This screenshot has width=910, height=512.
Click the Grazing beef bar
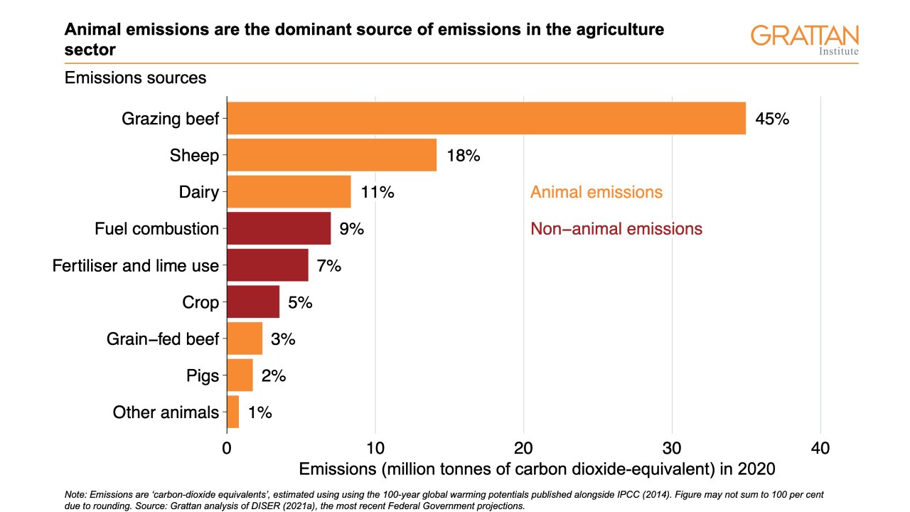point(486,118)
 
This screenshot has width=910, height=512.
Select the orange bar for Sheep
point(331,155)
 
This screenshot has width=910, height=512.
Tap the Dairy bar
point(289,192)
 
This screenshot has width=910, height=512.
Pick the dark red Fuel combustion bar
point(279,229)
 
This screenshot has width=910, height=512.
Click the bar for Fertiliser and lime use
point(267,266)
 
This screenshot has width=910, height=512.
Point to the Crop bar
point(253,302)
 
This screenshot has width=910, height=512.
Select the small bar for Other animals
point(233,412)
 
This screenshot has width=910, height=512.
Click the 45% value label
point(772,119)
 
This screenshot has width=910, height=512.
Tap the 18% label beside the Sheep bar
point(464,156)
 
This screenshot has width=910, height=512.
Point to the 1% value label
point(260,412)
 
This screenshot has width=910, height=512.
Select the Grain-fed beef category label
point(163,339)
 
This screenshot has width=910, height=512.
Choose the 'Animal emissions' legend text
point(596,192)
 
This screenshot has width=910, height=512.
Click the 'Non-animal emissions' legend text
point(616,229)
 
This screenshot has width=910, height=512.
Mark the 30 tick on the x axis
point(672,449)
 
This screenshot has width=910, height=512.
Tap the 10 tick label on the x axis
point(375,449)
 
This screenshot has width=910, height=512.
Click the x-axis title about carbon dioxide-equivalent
point(537,469)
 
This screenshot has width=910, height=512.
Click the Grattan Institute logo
point(805,39)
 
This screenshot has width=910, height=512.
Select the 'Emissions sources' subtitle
point(136,78)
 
